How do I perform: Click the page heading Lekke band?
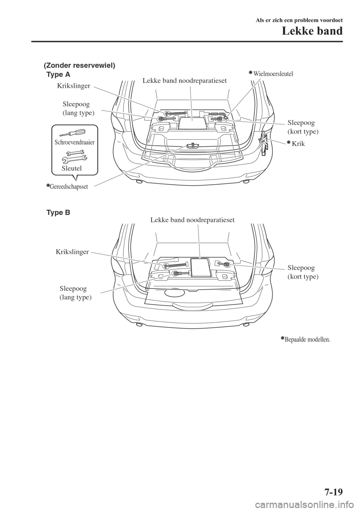tap(312, 31)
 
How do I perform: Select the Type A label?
tap(58, 75)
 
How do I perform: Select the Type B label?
tap(58, 213)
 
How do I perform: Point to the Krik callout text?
tap(296, 143)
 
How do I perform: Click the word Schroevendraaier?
tap(75, 142)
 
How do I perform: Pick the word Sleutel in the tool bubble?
tap(72, 168)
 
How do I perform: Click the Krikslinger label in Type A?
tap(73, 86)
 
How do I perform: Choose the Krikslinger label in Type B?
tap(72, 252)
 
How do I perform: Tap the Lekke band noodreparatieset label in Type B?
tap(192, 220)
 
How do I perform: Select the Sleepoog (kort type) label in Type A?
tap(303, 127)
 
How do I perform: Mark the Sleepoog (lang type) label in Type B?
tap(75, 293)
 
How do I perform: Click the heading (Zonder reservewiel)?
tap(79, 66)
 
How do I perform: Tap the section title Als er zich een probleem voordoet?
tap(299, 20)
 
